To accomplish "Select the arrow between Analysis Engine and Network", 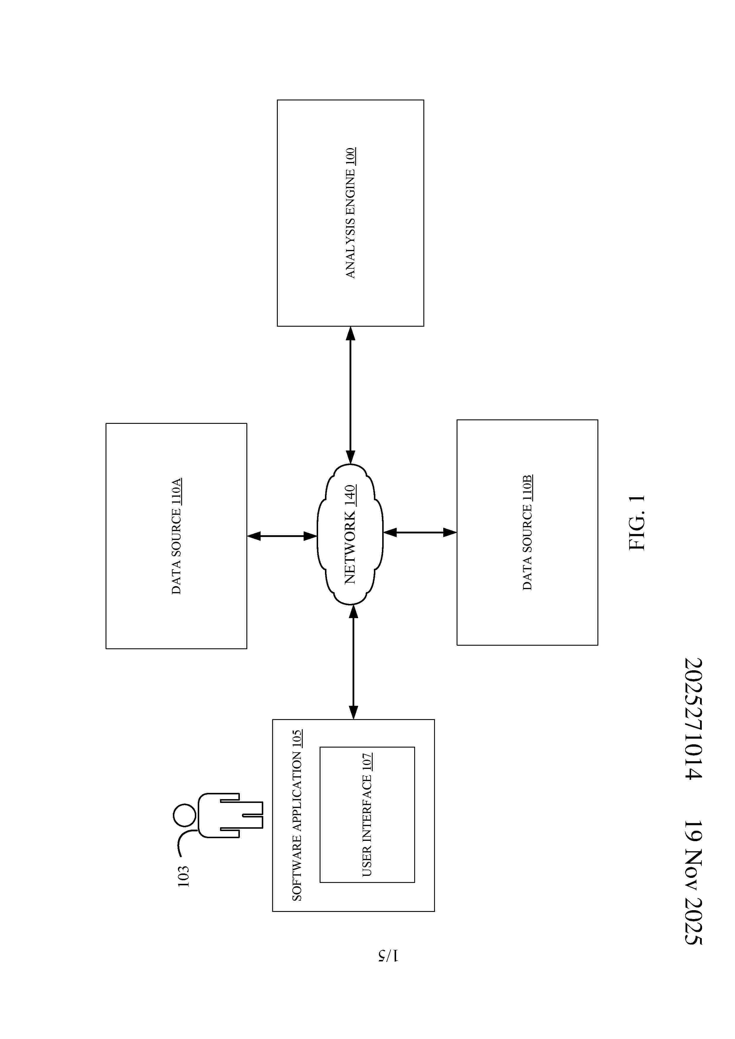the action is tap(350, 395).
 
